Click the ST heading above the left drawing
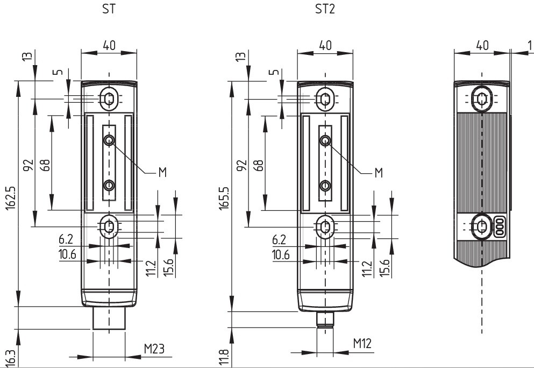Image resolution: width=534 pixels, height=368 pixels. pyautogui.click(x=109, y=9)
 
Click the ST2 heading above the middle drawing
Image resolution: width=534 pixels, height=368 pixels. pyautogui.click(x=325, y=9)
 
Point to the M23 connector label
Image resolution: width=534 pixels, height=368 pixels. pyautogui.click(x=154, y=349)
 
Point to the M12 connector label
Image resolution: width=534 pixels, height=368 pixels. pyautogui.click(x=362, y=344)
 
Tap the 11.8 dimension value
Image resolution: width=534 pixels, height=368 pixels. pyautogui.click(x=224, y=357)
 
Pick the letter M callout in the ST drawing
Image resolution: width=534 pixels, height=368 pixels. pyautogui.click(x=162, y=172)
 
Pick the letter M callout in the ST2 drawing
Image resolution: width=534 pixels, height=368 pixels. pyautogui.click(x=378, y=172)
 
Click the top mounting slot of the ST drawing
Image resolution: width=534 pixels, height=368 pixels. pyautogui.click(x=109, y=98)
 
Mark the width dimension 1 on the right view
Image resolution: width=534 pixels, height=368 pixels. pyautogui.click(x=529, y=46)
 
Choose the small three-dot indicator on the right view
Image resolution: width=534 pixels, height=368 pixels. pyautogui.click(x=499, y=227)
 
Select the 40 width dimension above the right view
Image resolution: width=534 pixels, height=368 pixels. pyautogui.click(x=482, y=46)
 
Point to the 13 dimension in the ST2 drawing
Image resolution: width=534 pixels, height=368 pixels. pyautogui.click(x=240, y=56)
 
